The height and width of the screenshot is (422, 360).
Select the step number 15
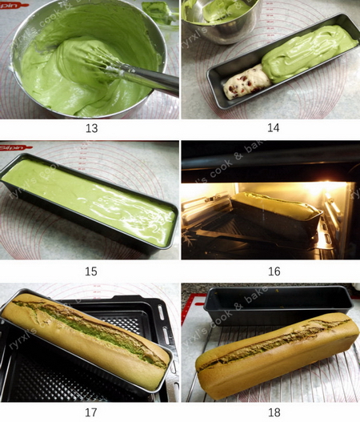pyautogui.click(x=90, y=271)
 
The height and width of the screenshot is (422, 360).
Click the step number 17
pyautogui.click(x=90, y=412)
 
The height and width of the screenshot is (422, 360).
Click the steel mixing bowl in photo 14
pyautogui.click(x=220, y=20)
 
